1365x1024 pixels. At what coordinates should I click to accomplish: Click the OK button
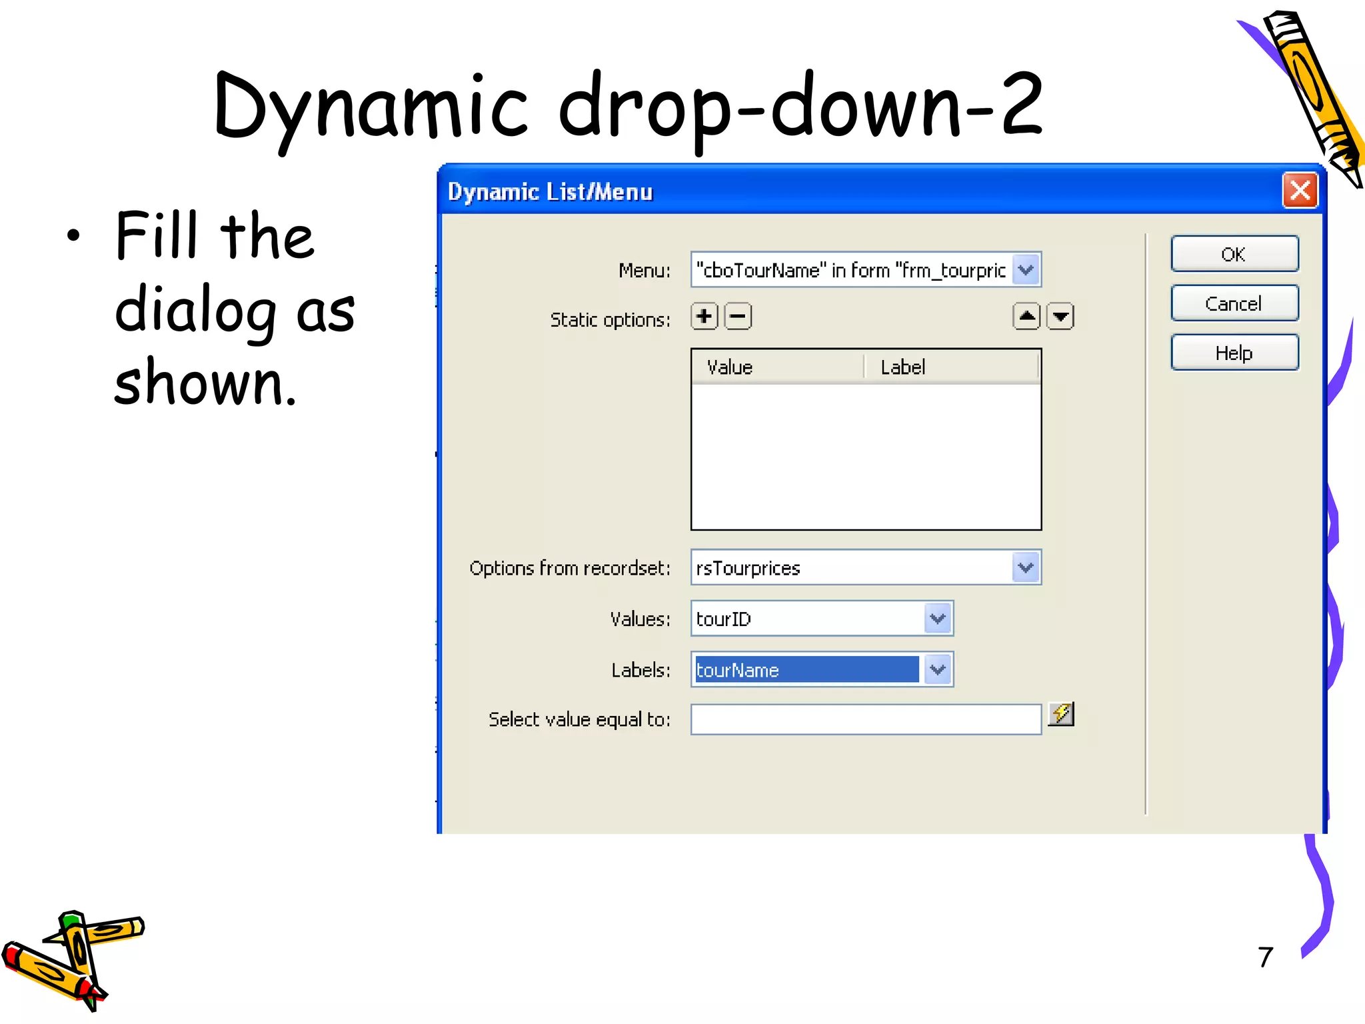(1234, 254)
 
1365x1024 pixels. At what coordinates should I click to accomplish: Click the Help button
(1234, 353)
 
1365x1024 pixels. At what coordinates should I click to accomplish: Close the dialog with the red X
(1300, 191)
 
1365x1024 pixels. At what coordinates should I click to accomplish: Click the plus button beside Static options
(704, 316)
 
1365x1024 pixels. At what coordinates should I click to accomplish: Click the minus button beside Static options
(738, 316)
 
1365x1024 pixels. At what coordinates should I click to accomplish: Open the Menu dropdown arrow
(1026, 270)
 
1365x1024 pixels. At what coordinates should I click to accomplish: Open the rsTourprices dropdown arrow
(1026, 567)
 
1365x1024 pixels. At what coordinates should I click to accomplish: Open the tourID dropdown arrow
(938, 619)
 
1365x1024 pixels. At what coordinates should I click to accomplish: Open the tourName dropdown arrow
(938, 669)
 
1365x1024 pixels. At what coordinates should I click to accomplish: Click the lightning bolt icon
(1061, 714)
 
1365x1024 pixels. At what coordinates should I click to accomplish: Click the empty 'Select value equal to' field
(865, 720)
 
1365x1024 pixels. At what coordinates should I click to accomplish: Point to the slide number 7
(1266, 957)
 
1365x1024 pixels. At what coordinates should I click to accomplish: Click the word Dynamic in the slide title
(370, 107)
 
